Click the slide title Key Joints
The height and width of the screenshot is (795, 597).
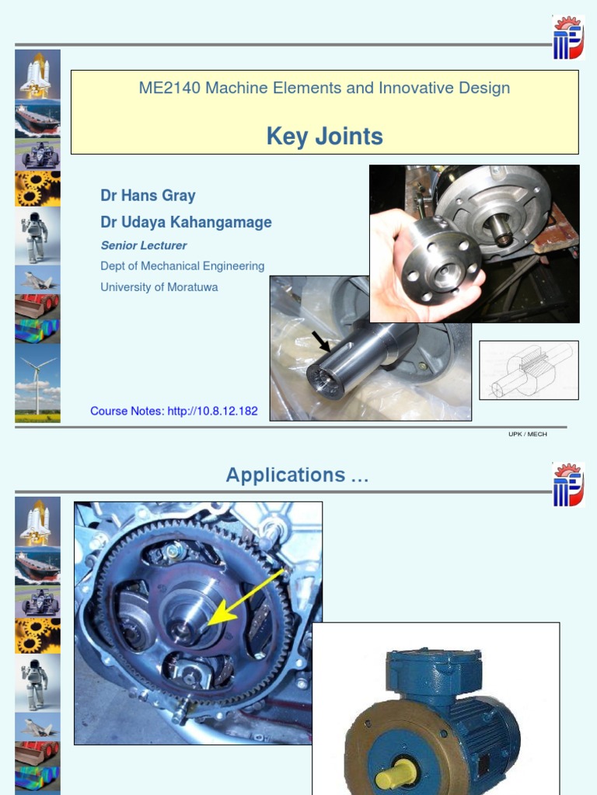click(x=324, y=137)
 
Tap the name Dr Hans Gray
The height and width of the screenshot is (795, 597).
click(x=148, y=196)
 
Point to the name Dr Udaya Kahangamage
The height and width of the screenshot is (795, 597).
click(x=186, y=222)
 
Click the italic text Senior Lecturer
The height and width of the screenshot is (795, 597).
click(x=144, y=245)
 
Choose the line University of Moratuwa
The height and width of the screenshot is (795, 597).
click(x=159, y=287)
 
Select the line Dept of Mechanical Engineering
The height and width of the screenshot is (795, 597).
click(x=183, y=266)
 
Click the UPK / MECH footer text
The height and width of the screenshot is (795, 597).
click(x=528, y=434)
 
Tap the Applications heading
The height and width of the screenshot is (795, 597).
click(x=297, y=475)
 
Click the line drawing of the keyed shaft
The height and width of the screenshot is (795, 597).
click(x=529, y=370)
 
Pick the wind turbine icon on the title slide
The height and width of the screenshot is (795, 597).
click(x=37, y=384)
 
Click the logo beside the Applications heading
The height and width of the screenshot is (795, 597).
click(x=567, y=484)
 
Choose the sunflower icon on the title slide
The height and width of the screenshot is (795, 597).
click(x=37, y=188)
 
